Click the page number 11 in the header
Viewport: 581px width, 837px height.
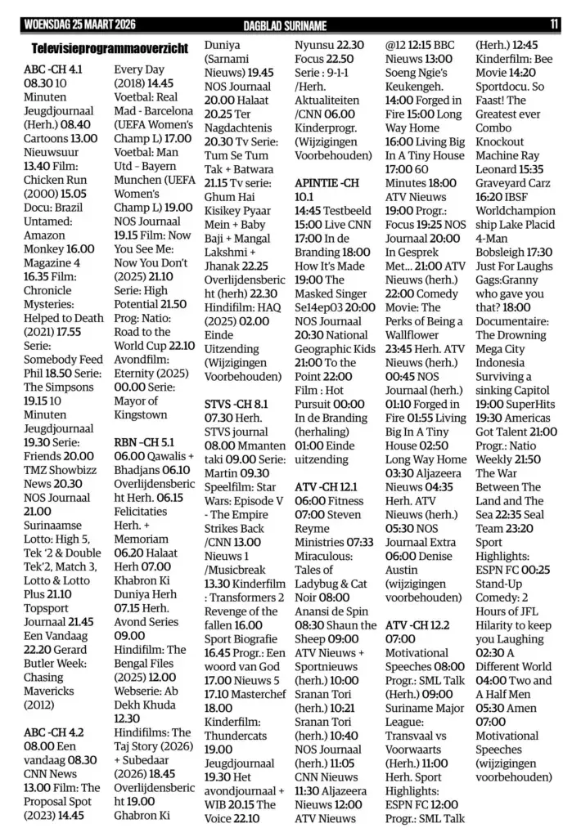click(x=554, y=24)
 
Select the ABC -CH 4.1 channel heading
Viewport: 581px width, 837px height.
click(x=53, y=69)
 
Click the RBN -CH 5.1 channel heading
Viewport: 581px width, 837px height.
click(x=144, y=442)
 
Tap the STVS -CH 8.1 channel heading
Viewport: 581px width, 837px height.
click(x=236, y=403)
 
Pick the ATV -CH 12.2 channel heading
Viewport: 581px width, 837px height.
click(x=417, y=625)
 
